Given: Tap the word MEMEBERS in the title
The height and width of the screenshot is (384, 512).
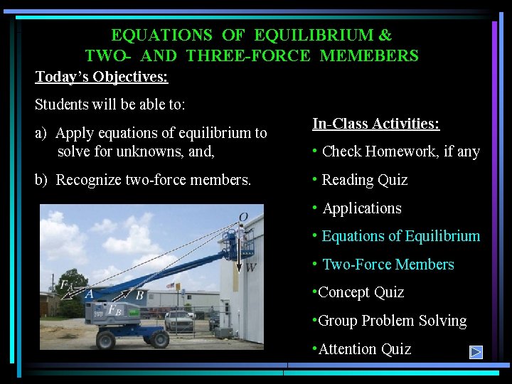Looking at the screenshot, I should [369, 55].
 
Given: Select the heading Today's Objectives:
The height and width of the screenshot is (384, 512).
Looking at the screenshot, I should [102, 76].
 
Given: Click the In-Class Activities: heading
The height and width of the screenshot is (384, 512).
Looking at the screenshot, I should [375, 124].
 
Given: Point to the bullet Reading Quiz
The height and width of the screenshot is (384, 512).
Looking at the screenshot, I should [364, 180].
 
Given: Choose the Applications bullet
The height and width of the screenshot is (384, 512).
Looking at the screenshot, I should [361, 208].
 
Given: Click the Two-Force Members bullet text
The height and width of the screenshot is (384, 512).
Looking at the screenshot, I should [388, 265].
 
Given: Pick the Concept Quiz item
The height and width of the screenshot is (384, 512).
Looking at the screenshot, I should [361, 292].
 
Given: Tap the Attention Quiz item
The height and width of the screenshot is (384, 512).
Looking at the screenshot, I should [364, 348].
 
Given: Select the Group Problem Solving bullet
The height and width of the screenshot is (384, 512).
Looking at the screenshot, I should [392, 321].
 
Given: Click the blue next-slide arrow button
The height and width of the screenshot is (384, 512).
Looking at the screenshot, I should [476, 351].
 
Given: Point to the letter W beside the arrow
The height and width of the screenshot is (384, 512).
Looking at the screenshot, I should [250, 267].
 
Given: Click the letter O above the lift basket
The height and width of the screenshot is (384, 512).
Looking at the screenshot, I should [243, 217].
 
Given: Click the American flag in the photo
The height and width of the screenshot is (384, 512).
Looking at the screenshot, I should [171, 285].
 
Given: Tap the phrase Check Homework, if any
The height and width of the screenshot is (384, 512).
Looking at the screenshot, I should [400, 151].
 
